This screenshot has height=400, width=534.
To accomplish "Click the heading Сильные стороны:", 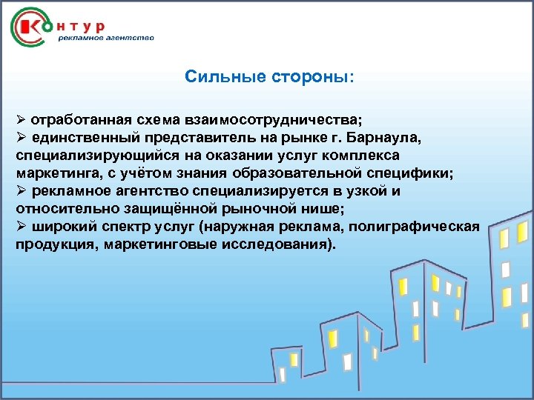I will point(270,77).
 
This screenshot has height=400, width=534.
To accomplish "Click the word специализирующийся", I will point(81,156).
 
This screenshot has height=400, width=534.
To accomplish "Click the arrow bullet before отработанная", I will point(22,120).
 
